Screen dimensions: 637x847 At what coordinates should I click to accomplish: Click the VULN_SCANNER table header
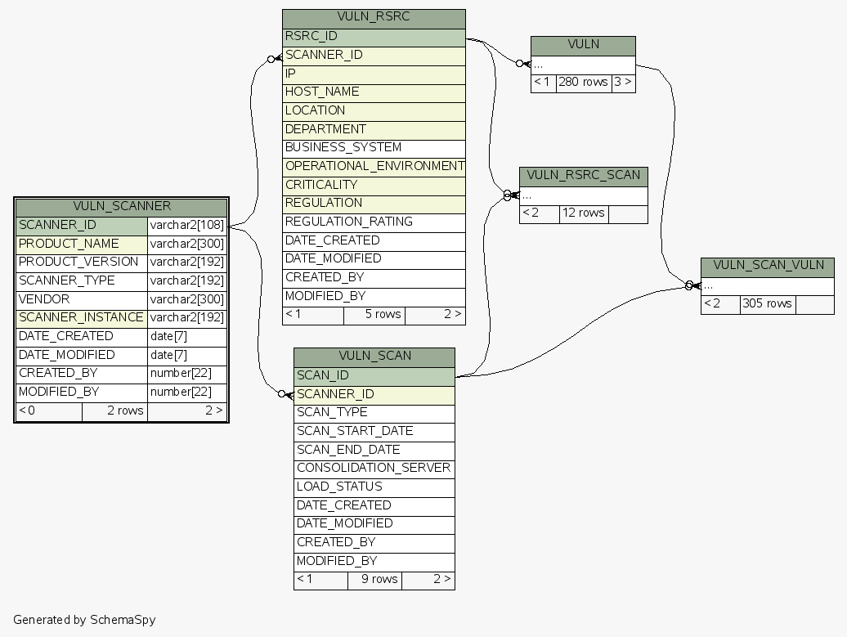121,206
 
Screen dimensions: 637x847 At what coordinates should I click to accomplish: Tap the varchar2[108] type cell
186,225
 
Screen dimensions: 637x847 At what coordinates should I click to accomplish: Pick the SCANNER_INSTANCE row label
81,317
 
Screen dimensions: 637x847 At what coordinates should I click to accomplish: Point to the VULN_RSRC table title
374,17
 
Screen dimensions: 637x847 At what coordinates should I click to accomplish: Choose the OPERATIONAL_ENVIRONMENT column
374,166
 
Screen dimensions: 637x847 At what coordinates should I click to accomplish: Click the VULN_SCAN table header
374,356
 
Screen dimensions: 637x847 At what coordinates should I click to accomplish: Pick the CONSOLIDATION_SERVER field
374,468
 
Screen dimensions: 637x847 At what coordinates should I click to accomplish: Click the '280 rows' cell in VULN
583,83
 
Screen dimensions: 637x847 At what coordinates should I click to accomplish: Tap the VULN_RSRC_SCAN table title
583,176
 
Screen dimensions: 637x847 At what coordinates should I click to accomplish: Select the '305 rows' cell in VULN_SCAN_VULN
767,304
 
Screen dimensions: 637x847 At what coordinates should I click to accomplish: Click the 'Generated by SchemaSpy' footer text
84,620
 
